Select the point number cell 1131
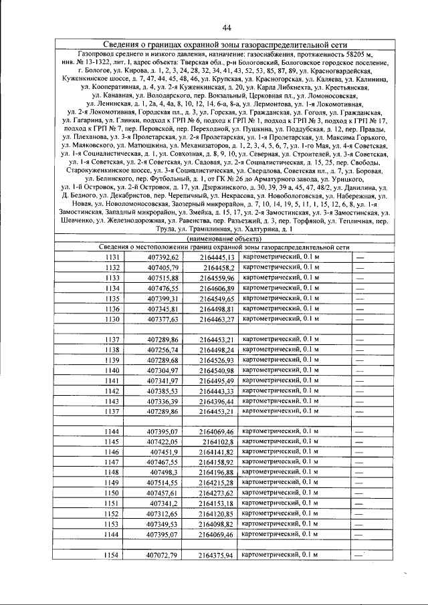click(112, 257)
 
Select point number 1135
click(112, 299)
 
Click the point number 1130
click(112, 320)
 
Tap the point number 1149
click(112, 483)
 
